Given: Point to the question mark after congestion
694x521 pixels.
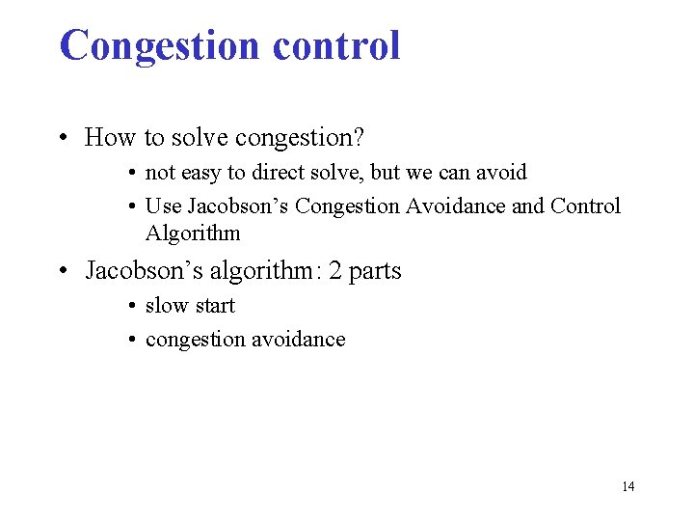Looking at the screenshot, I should (x=359, y=138).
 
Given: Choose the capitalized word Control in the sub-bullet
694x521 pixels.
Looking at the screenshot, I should (x=585, y=206).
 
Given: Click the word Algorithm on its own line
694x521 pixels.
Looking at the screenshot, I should (x=193, y=233).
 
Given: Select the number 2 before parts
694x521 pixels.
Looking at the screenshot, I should (x=335, y=271).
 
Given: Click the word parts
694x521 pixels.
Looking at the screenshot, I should (x=375, y=271).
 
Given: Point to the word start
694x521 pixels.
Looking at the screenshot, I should (x=213, y=306).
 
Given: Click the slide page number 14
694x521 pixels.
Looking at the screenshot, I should (x=627, y=486).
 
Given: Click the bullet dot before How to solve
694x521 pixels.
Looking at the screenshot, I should (x=63, y=139).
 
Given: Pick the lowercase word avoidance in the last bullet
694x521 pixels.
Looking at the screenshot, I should (x=299, y=340).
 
